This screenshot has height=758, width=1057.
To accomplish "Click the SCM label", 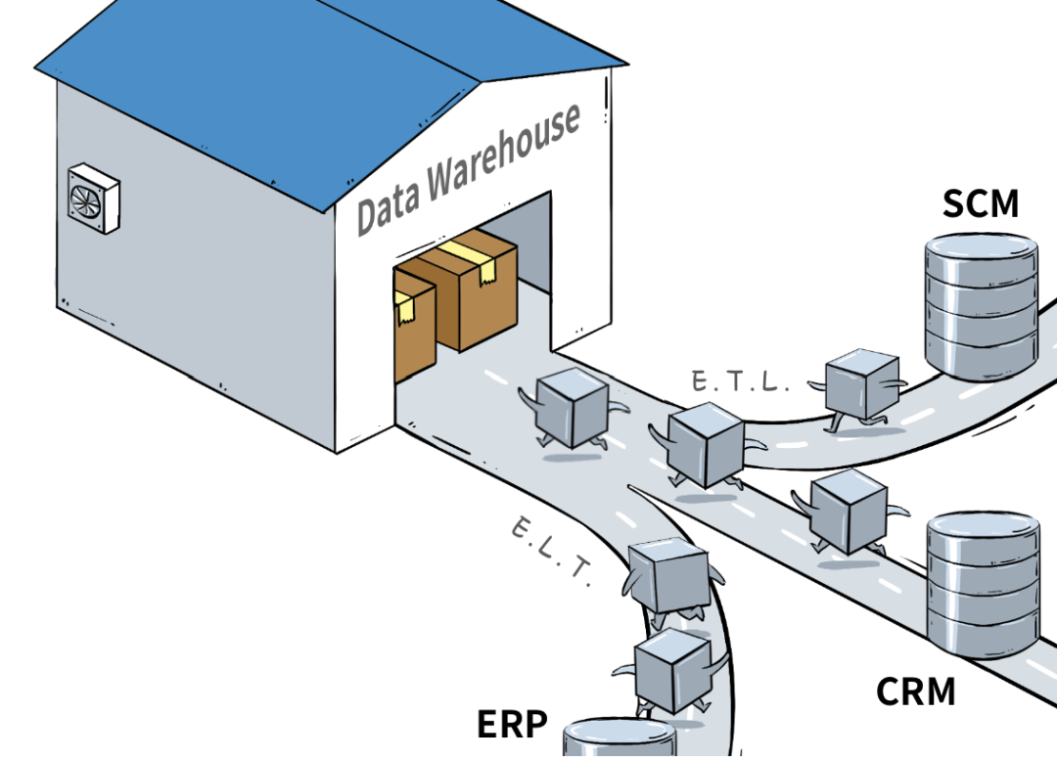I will [980, 204].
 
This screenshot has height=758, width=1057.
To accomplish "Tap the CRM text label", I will [915, 691].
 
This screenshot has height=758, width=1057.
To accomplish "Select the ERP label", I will [512, 725].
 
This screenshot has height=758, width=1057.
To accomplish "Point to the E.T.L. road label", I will [740, 381].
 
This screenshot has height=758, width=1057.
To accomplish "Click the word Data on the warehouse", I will [389, 204].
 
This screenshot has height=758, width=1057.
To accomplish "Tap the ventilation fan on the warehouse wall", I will [93, 199].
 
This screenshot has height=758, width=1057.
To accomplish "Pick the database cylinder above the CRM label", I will [983, 583].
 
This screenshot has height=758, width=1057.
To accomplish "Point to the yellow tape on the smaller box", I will [404, 311].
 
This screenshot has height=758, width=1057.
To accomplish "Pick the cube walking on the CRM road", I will [848, 512].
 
